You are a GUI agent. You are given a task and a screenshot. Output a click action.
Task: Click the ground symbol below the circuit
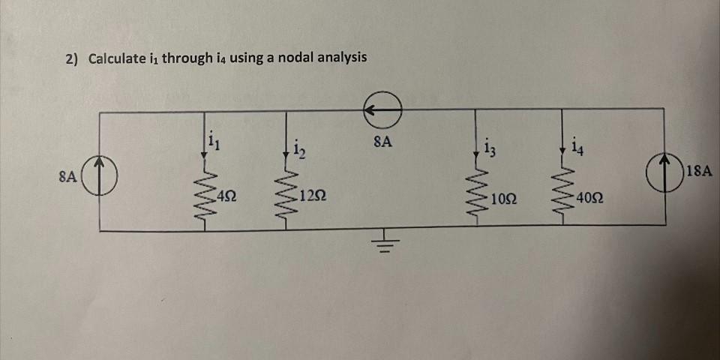pos(383,244)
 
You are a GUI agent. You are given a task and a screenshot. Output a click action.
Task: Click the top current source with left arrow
pos(383,110)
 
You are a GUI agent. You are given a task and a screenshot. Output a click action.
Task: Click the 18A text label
pos(698,171)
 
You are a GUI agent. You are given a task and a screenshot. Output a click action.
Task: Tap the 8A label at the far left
pos(68,177)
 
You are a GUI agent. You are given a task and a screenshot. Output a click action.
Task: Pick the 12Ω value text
pos(311,197)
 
